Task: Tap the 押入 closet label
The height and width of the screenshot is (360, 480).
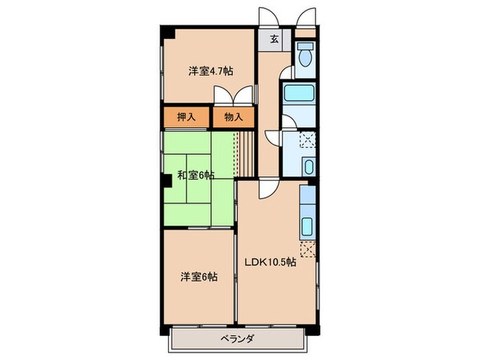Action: pyautogui.click(x=187, y=117)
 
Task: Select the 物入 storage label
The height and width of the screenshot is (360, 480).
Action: pyautogui.click(x=234, y=117)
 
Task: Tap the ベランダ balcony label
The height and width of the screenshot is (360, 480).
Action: pyautogui.click(x=238, y=339)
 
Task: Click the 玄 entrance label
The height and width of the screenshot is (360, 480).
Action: pyautogui.click(x=273, y=39)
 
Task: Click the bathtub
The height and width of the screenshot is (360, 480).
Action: pyautogui.click(x=298, y=95)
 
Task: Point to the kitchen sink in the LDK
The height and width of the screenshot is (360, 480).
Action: pyautogui.click(x=307, y=226)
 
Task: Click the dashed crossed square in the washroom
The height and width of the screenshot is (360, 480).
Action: pyautogui.click(x=307, y=140)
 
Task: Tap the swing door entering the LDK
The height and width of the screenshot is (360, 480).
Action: pyautogui.click(x=268, y=187)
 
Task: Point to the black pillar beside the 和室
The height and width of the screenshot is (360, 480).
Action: pyautogui.click(x=167, y=180)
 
